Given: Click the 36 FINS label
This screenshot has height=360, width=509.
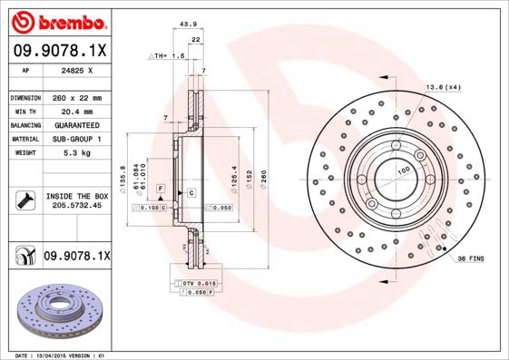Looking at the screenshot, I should click(x=470, y=258).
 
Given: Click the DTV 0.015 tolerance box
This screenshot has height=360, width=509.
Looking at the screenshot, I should click(x=191, y=284).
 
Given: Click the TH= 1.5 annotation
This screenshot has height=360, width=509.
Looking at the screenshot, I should click(x=169, y=55).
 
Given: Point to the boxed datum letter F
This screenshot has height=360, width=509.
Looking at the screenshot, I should click(x=161, y=188).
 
